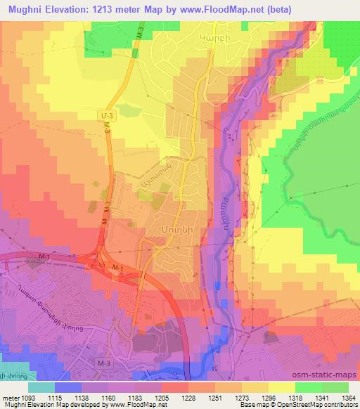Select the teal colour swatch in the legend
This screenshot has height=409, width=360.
coord(42,387)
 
